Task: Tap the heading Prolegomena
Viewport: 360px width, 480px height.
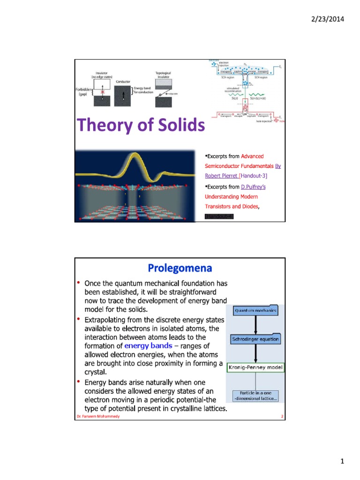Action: (180, 268)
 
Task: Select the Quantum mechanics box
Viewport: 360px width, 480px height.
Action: (255, 310)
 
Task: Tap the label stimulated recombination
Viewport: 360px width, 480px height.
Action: (233, 89)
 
